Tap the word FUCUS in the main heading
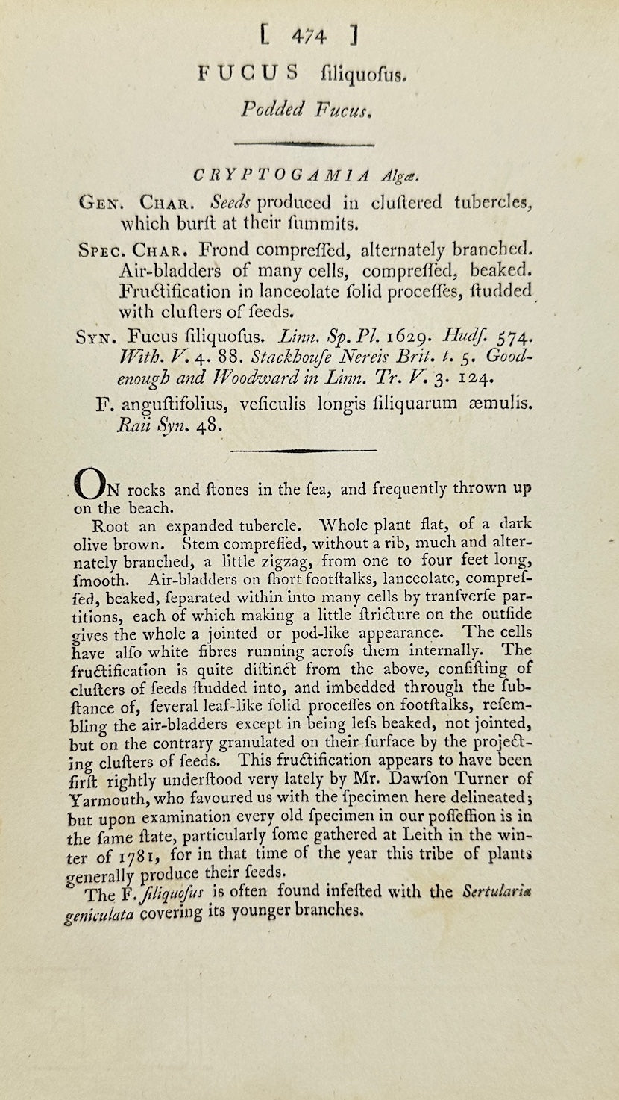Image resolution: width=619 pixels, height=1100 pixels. tap(248, 72)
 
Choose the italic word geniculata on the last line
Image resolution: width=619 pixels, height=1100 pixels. tap(100, 913)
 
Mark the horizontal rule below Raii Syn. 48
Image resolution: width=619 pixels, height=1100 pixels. tap(303, 450)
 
